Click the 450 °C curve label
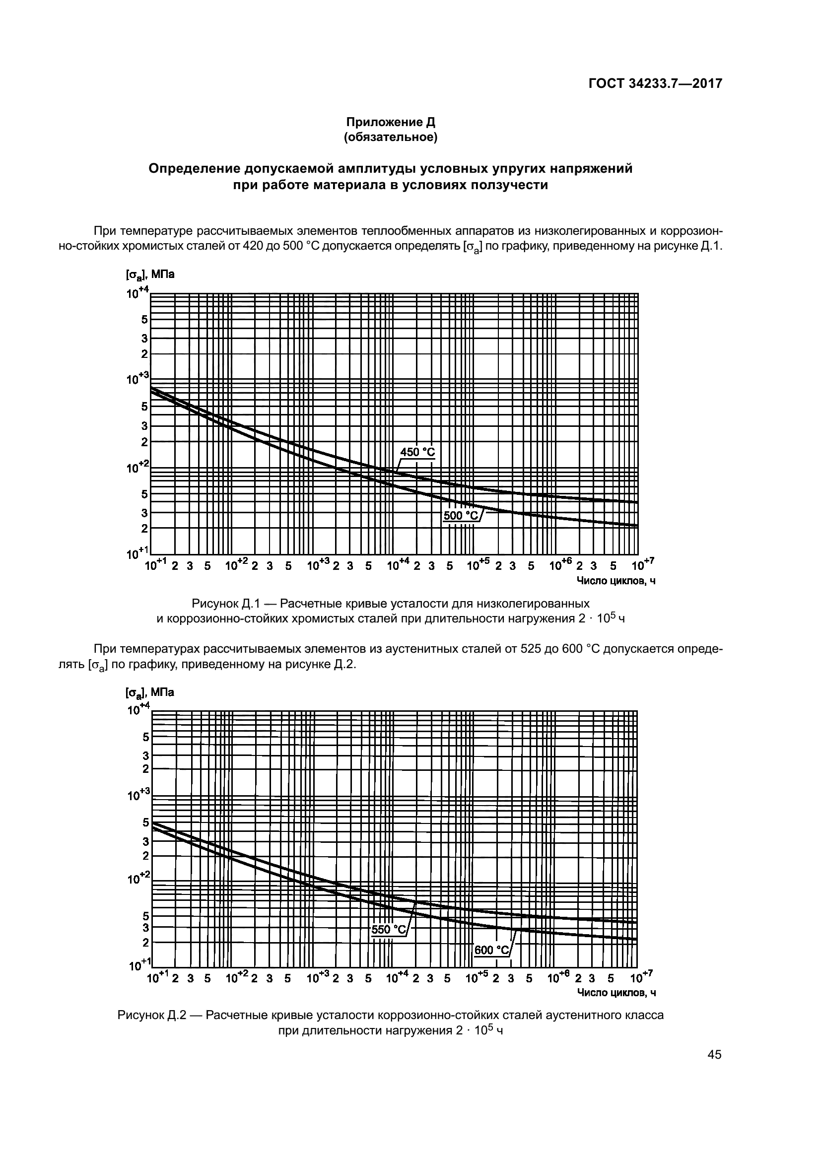point(417,452)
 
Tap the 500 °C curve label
point(461,515)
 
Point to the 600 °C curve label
point(492,950)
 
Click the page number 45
point(714,1055)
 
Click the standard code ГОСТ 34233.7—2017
point(655,83)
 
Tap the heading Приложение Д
point(390,122)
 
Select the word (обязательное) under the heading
point(390,137)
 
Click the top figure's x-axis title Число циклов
point(616,581)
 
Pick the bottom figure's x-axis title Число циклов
point(616,993)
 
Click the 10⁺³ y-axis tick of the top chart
point(138,378)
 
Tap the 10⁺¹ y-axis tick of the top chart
point(138,553)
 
